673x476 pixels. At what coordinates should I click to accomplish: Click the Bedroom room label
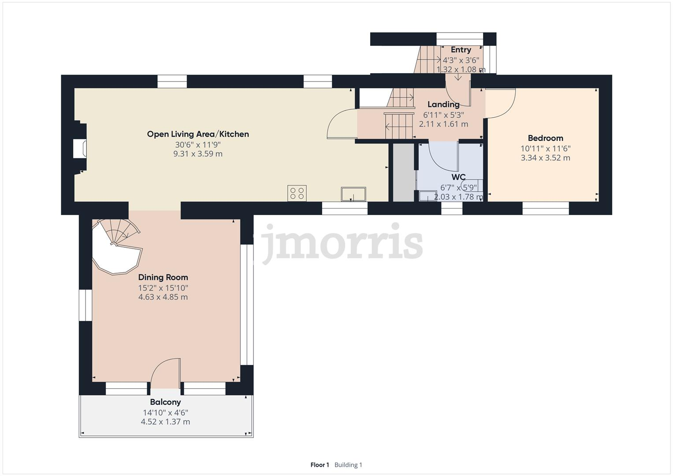[x=545, y=138]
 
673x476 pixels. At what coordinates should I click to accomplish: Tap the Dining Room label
[x=163, y=277]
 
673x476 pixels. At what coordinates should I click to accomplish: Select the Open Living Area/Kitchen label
[x=198, y=134]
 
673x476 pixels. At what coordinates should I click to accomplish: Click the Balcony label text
[x=165, y=402]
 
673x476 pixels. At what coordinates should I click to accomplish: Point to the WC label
[x=458, y=177]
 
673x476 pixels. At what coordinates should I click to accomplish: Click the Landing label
[x=443, y=104]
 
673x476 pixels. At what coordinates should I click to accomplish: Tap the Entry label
[x=461, y=50]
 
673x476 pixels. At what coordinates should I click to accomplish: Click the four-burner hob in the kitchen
[x=297, y=193]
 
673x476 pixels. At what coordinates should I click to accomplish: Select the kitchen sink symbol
[x=353, y=194]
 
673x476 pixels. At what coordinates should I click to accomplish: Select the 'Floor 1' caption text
[x=320, y=465]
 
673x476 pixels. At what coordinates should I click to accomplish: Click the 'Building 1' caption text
[x=348, y=465]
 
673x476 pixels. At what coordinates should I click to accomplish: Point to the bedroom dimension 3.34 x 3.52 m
[x=545, y=158]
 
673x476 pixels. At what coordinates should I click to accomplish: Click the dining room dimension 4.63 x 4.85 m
[x=163, y=297]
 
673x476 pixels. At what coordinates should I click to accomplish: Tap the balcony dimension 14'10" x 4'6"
[x=165, y=413]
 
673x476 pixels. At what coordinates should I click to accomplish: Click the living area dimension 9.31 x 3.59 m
[x=198, y=154]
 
